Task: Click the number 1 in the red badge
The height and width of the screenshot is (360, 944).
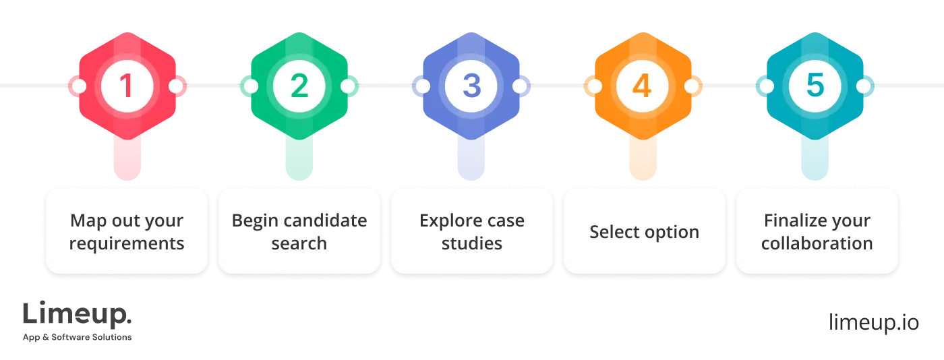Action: [x=127, y=86]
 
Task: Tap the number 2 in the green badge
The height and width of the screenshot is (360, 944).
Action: [x=299, y=86]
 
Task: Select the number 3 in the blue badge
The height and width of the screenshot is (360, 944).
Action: [x=471, y=86]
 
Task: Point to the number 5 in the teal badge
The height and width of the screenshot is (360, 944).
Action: [x=815, y=86]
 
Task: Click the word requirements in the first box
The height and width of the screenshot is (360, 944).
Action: [x=127, y=243]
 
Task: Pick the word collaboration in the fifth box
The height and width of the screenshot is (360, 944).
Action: [x=817, y=243]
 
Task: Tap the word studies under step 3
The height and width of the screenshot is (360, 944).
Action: [x=471, y=243]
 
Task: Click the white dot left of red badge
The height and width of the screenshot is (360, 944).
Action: [x=78, y=86]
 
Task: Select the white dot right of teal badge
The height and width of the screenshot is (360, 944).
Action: [x=864, y=86]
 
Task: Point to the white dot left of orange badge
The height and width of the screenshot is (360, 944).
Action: [x=595, y=86]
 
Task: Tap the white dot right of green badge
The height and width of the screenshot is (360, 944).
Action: [x=348, y=86]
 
